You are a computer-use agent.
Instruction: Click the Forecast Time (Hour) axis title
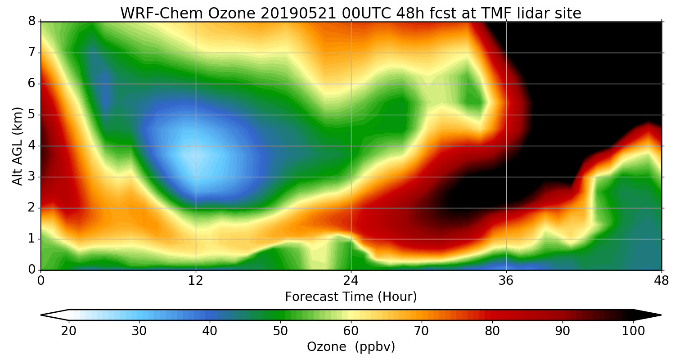coord(351,297)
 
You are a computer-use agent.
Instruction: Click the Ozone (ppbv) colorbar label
coord(351,347)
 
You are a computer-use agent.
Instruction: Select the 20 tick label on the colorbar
coord(69,331)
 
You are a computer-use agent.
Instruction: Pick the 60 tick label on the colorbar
coord(351,331)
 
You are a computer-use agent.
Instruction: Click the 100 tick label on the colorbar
coord(633,331)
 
